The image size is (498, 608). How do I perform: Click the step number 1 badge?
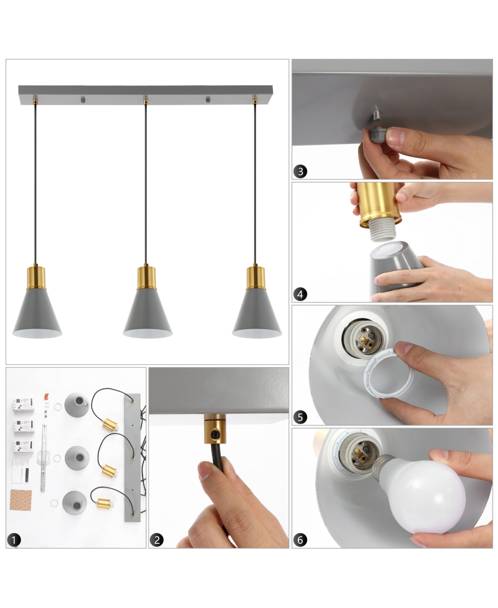[14, 540]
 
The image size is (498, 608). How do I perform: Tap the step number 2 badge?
[157, 540]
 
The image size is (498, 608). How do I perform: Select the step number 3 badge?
[300, 171]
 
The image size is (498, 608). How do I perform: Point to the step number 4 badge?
[300, 294]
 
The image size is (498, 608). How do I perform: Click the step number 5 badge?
[300, 417]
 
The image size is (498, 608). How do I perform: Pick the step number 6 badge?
[300, 540]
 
